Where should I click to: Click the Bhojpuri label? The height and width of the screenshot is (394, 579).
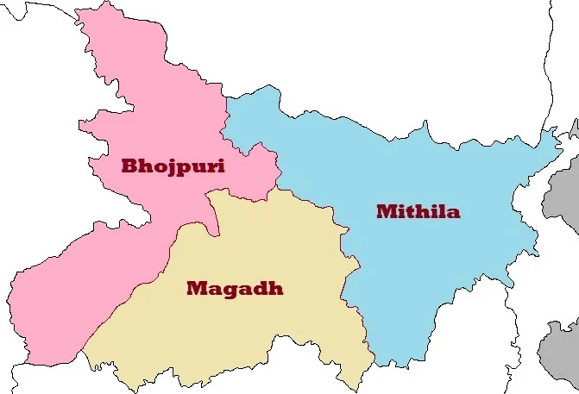point(173,166)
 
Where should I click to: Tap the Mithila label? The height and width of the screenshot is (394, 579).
point(418,211)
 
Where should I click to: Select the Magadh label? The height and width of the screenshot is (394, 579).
point(234,288)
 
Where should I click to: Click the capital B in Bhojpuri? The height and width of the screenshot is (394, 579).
point(130,166)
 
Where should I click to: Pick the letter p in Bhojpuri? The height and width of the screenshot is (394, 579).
point(180,168)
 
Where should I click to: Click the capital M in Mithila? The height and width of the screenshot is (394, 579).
point(386,211)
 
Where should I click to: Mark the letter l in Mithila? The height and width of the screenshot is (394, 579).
point(437,211)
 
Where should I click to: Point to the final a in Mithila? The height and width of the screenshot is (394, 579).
point(451,212)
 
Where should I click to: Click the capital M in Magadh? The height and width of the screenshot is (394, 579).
point(197,288)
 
